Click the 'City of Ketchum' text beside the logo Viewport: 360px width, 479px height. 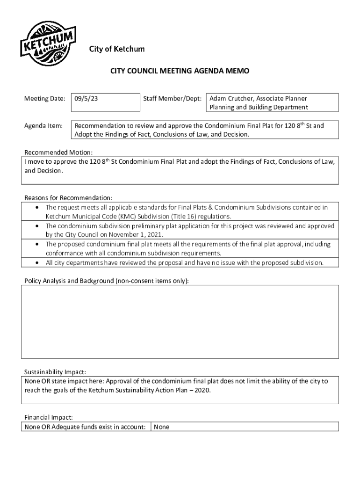coord(117,49)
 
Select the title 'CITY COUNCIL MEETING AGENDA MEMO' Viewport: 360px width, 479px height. coord(180,71)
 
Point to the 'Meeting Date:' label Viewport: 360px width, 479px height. coord(44,99)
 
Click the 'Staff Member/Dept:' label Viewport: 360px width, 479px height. coord(173,99)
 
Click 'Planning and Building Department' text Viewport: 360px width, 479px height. coord(259,107)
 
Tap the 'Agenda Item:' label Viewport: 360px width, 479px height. coord(43,126)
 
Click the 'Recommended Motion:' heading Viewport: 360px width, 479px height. coord(58,152)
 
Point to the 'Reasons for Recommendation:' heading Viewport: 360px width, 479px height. coord(68,197)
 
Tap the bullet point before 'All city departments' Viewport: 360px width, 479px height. coord(37,262)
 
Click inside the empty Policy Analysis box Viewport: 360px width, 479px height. coord(180,322)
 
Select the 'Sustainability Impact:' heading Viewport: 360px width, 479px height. coord(55,372)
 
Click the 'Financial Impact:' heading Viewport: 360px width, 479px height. coord(49,417)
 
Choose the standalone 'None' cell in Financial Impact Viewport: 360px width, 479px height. coord(162,427)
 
